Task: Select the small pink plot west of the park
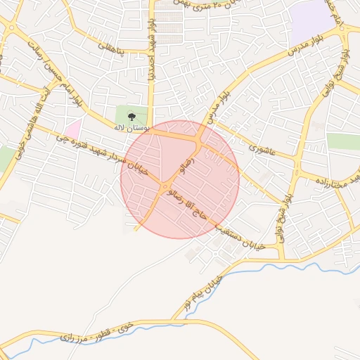73,129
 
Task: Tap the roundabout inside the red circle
165,186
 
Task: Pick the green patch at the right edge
344,141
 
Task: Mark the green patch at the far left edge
6,159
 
